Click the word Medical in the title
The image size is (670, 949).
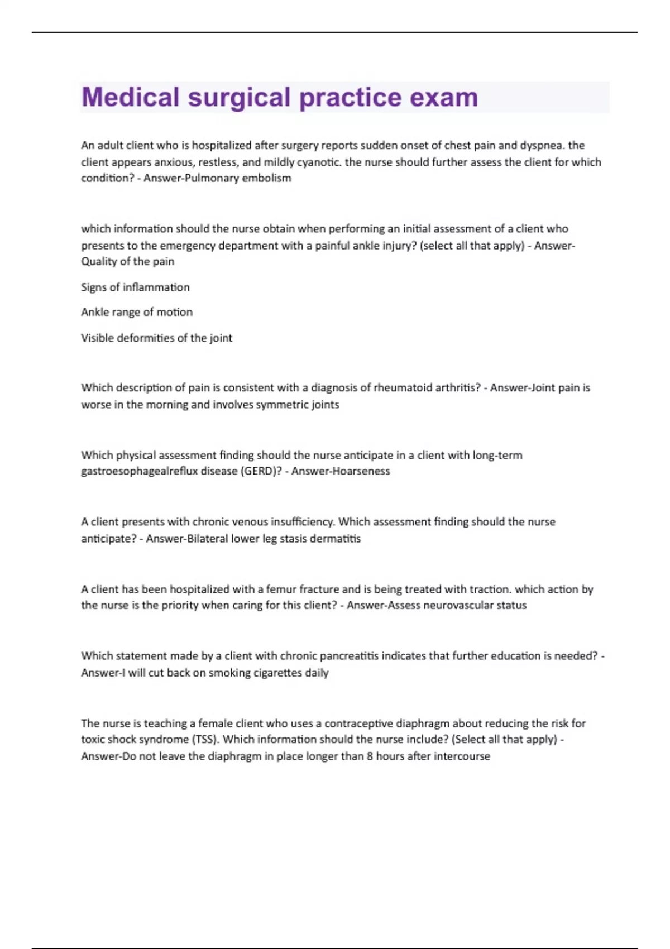[131, 97]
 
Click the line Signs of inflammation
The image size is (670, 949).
[135, 287]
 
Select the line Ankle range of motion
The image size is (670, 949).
[137, 312]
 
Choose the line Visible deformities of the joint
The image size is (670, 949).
[156, 338]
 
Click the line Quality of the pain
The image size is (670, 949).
[127, 261]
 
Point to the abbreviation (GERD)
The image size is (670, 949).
[261, 471]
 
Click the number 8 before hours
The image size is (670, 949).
[370, 756]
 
